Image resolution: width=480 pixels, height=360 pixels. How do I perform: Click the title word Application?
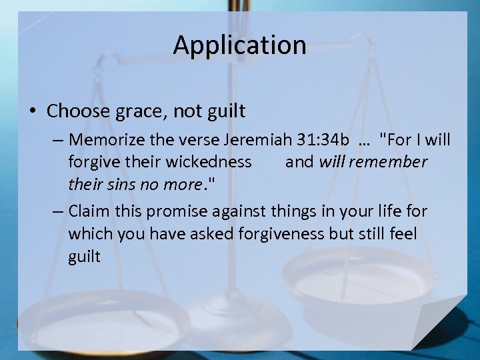tap(239, 45)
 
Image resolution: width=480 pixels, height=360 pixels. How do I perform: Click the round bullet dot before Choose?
tap(34, 110)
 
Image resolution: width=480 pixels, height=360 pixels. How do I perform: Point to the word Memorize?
tap(103, 140)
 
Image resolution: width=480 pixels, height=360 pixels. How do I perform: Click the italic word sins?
tap(128, 183)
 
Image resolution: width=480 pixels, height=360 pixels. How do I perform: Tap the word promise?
tap(179, 212)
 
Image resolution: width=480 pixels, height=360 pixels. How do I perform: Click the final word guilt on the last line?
tap(84, 256)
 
